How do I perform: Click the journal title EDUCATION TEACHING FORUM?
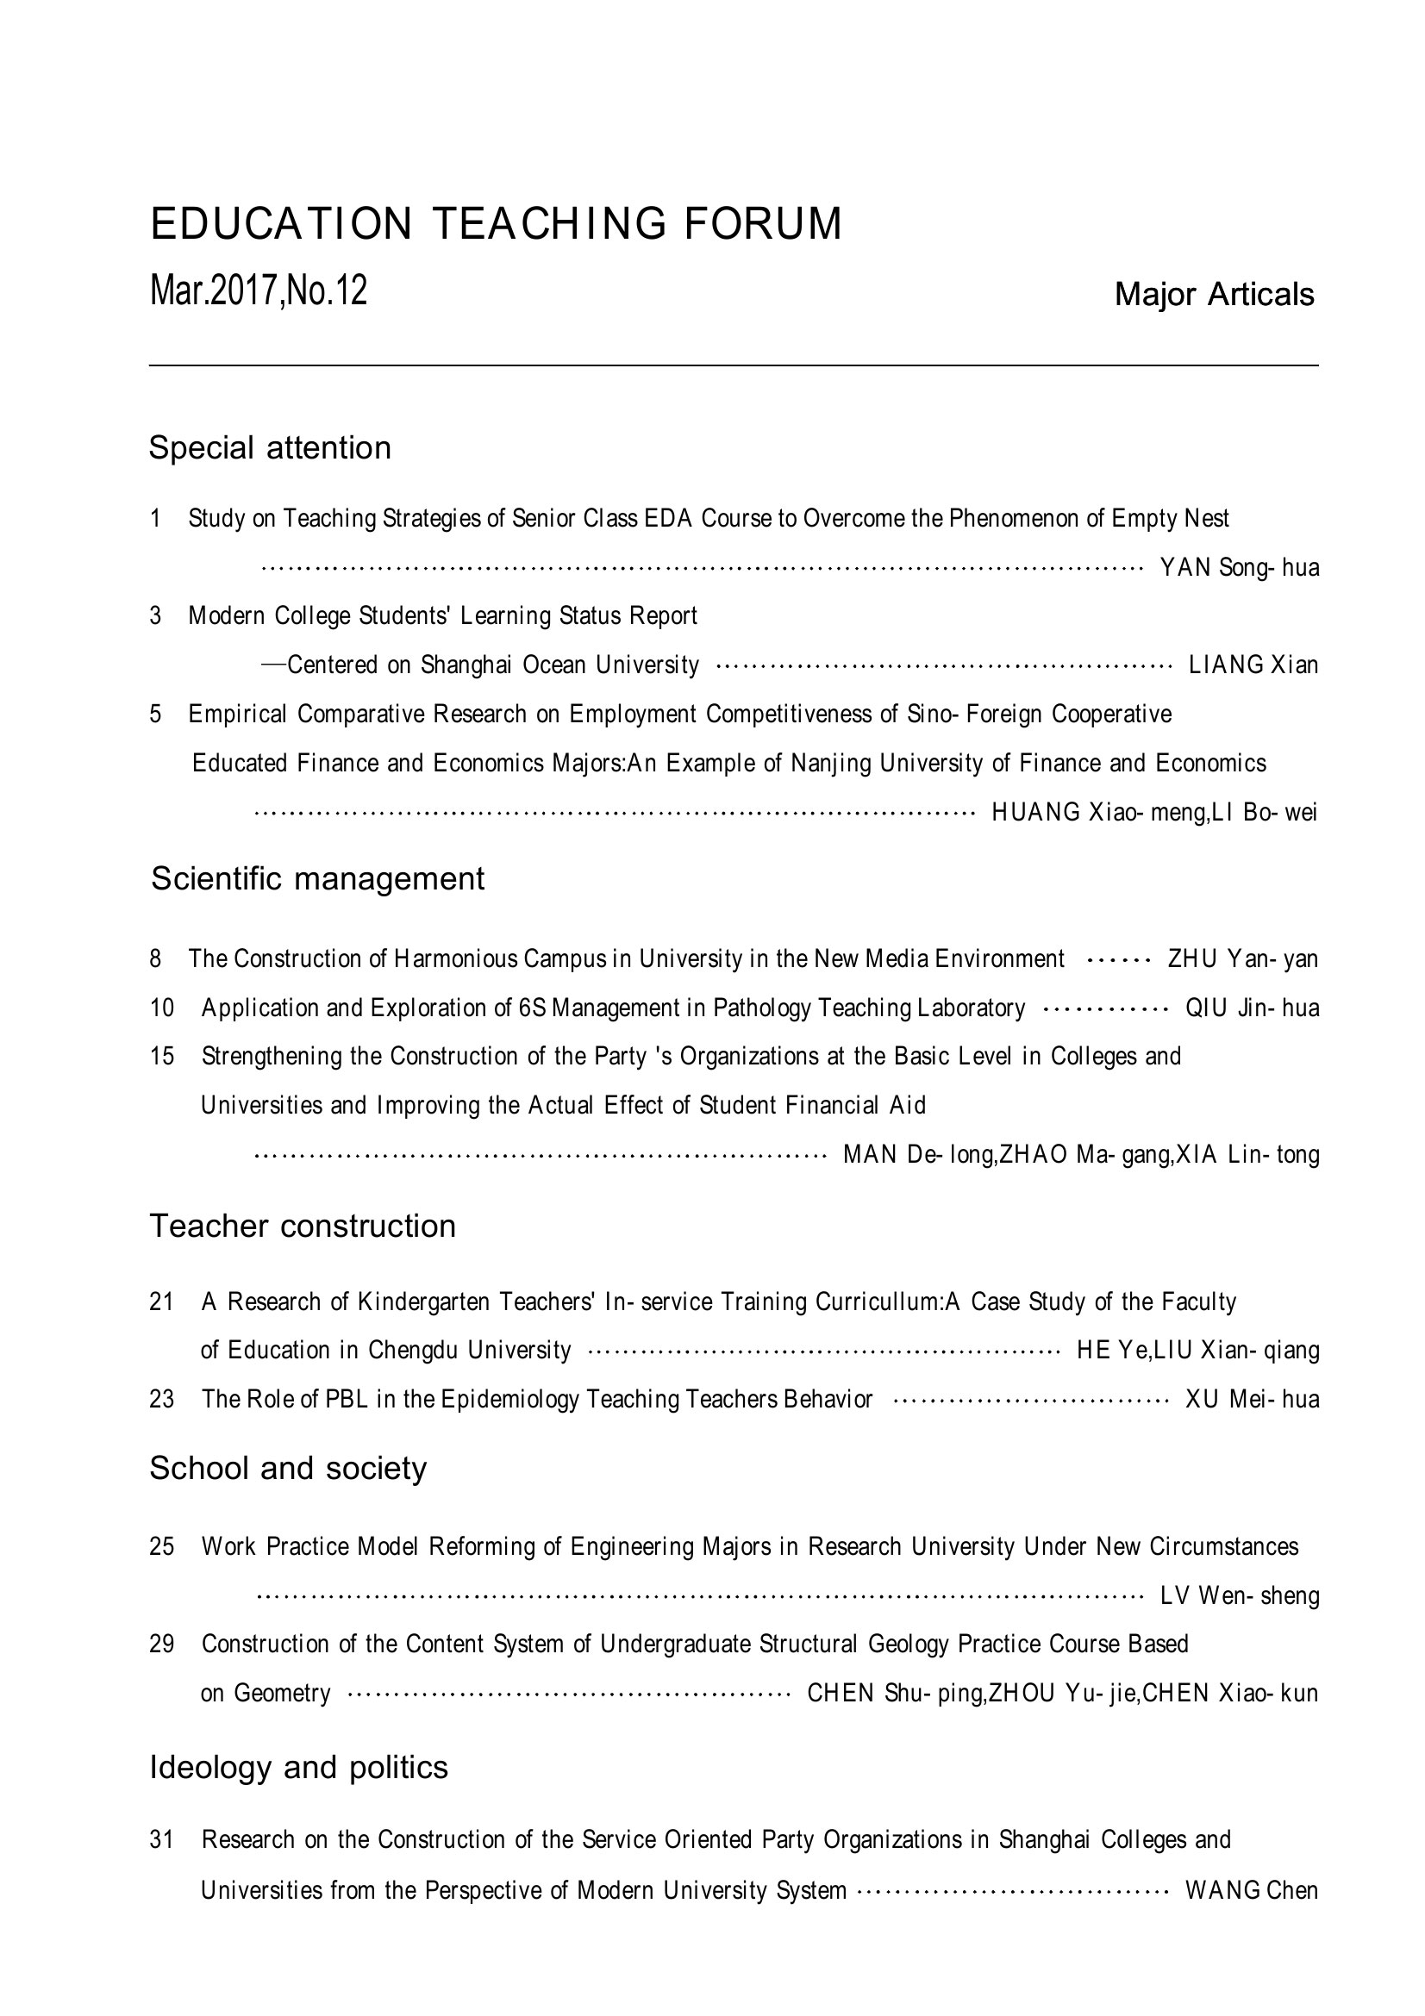click(496, 224)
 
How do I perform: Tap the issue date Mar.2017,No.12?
click(258, 290)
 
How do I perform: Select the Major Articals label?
click(1214, 295)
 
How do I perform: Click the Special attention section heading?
click(270, 448)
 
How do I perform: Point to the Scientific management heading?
click(317, 878)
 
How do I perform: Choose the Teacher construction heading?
click(302, 1226)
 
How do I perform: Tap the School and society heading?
click(287, 1467)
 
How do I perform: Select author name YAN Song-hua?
click(1239, 568)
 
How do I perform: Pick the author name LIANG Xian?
click(1253, 665)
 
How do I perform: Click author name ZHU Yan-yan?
click(1242, 958)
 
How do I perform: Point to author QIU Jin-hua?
click(1252, 1008)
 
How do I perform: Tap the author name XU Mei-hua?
click(1252, 1399)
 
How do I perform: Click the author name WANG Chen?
click(1251, 1890)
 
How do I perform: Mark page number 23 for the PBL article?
click(161, 1399)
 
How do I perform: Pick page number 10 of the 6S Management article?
click(161, 1008)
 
